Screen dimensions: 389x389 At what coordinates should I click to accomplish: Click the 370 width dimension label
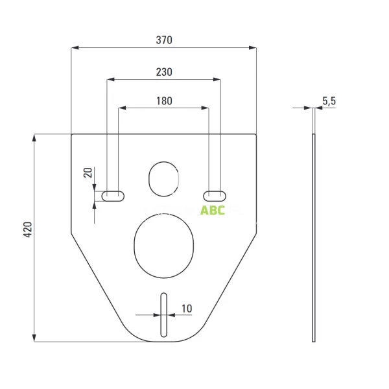[164, 40]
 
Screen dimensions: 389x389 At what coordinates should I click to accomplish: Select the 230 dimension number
[164, 72]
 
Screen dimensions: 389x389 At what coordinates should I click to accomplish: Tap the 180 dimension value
[164, 101]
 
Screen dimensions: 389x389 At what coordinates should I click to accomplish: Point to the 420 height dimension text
[28, 230]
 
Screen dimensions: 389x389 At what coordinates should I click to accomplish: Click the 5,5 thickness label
[329, 101]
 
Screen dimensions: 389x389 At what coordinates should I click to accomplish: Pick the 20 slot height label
[88, 172]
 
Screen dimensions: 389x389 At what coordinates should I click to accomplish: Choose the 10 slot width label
[187, 309]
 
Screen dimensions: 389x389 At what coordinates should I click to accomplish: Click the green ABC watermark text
[213, 210]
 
